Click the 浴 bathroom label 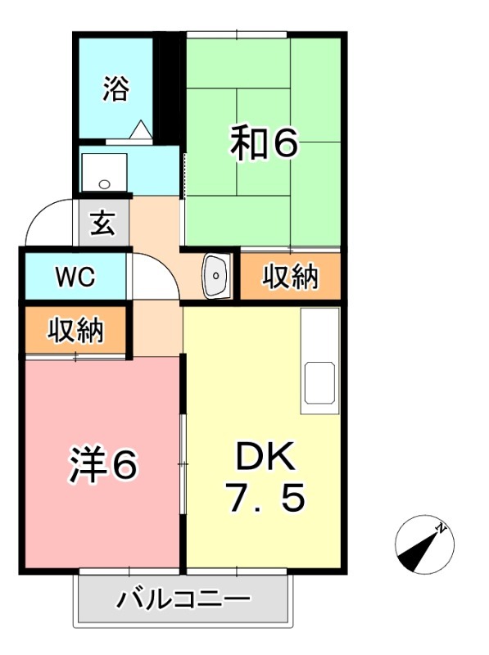115,88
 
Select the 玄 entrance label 102,223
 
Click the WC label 75,277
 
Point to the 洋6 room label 102,465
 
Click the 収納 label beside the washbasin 290,277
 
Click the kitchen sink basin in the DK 320,383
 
